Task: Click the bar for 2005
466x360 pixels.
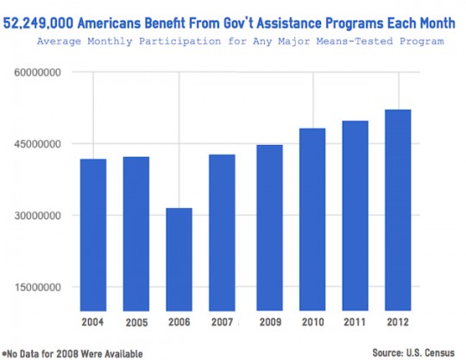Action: [135, 234]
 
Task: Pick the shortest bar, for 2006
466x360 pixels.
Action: [179, 259]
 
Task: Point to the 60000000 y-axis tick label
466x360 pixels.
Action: [36, 73]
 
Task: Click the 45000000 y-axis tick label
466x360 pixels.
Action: [36, 144]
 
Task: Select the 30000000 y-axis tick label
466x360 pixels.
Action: [36, 216]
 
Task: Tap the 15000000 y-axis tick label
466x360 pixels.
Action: [36, 287]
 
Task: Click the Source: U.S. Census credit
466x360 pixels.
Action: [412, 352]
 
